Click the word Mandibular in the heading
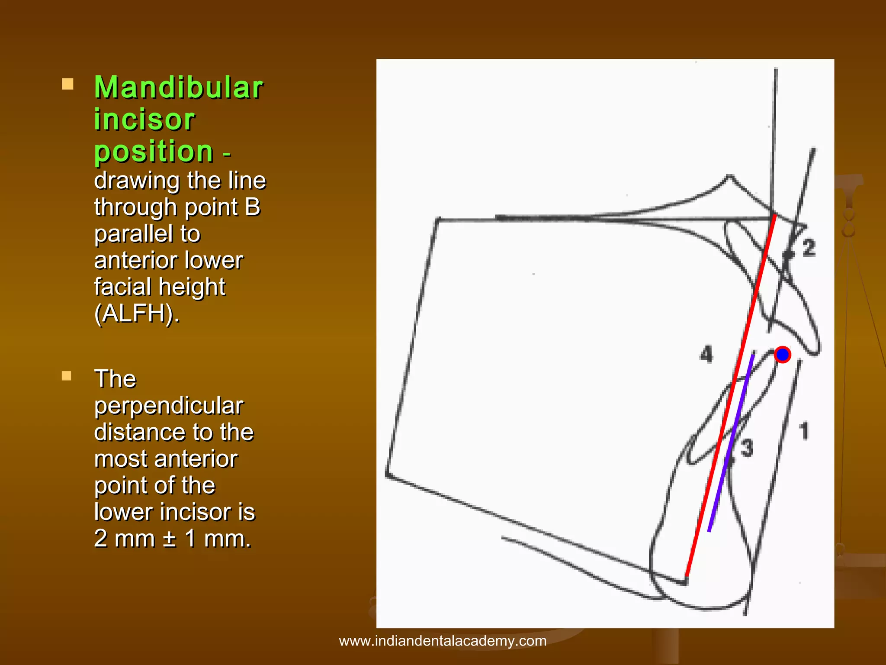coord(178,87)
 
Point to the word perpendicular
coord(169,406)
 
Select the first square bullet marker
coord(67,84)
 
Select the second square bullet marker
coord(67,375)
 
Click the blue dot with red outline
coord(782,355)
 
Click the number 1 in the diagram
coord(804,431)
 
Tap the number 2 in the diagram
coord(809,248)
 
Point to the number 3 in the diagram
coord(747,448)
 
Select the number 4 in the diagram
coord(706,354)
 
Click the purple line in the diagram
coord(731,442)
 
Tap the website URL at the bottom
coord(443,641)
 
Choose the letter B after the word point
coord(253,207)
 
